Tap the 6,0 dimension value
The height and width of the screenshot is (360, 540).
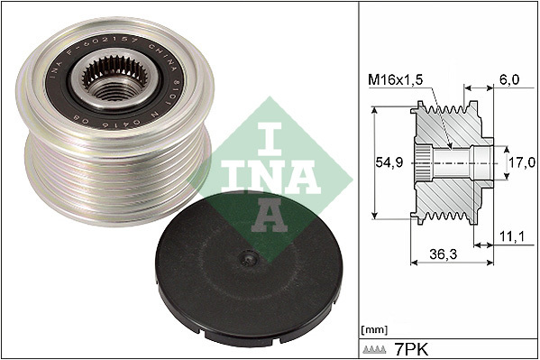coord(510,80)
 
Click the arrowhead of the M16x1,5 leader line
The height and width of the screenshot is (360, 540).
coord(450,144)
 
